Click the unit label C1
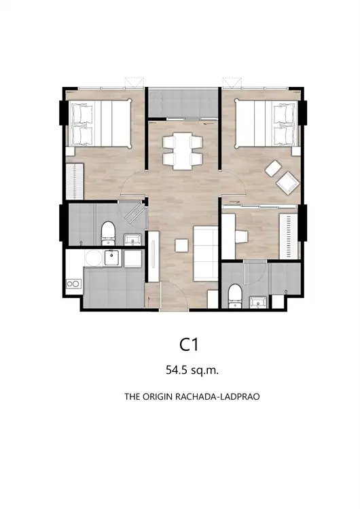coord(189,345)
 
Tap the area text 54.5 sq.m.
coord(192,370)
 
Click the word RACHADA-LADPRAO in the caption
coord(217,397)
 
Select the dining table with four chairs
coord(182,151)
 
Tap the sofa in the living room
coord(206,254)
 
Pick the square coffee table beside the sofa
coord(181,246)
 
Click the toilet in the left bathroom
coord(108,233)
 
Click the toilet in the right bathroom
coord(234,296)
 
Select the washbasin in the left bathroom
coord(133,240)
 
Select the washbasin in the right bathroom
coord(258,302)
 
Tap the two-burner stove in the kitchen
coord(73,284)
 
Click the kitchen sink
coord(113,258)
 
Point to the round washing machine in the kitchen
coord(94,258)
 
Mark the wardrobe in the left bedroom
coord(75,181)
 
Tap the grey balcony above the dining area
coord(183,103)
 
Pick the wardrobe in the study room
coord(289,237)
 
